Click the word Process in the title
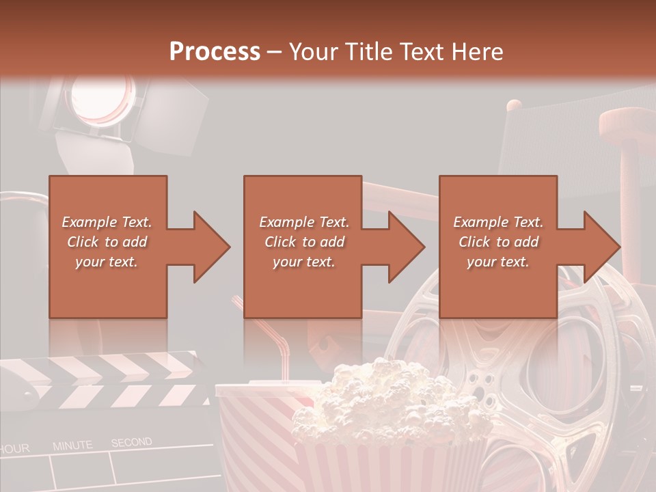(215, 51)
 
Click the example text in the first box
(107, 242)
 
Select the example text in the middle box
(303, 242)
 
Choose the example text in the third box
(498, 242)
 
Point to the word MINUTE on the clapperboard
(72, 446)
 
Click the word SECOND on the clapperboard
(131, 442)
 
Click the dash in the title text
(275, 52)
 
